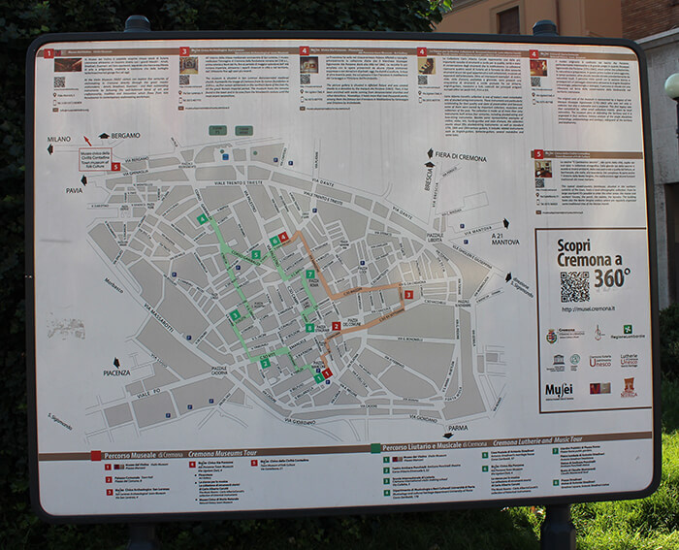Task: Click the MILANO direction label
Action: (59, 140)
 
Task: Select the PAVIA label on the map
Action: (74, 190)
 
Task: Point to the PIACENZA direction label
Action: (116, 372)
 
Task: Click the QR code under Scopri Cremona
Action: (574, 286)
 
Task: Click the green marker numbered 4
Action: (203, 219)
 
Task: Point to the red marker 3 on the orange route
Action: (408, 294)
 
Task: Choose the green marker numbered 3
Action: (255, 255)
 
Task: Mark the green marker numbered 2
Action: (264, 363)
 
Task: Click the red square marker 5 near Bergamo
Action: (116, 166)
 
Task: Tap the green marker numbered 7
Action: (309, 275)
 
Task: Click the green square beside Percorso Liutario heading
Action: (375, 449)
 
